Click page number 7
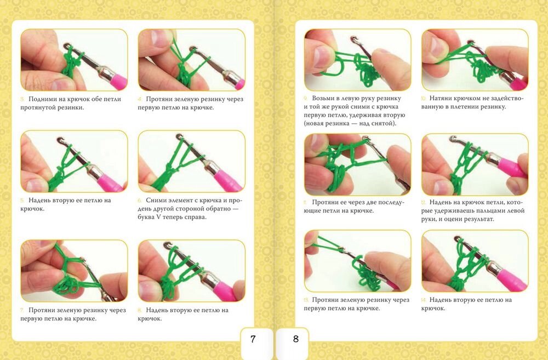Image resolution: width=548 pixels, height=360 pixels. click(x=253, y=339)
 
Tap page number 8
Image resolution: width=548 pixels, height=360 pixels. click(x=296, y=339)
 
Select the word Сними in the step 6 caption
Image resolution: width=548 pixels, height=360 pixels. click(x=157, y=201)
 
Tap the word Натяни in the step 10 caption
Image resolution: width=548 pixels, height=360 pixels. click(x=441, y=99)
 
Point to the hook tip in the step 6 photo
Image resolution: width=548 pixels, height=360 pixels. click(x=179, y=136)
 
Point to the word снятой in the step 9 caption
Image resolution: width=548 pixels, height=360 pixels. click(x=383, y=124)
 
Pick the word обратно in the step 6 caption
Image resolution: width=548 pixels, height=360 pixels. click(x=219, y=209)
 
